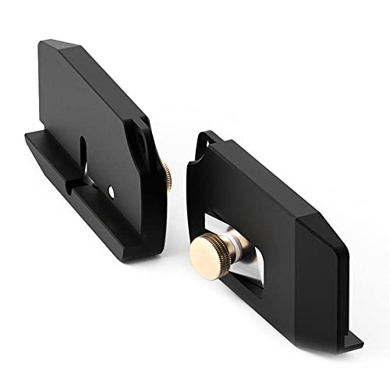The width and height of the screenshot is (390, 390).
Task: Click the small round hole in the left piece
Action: (x=114, y=190)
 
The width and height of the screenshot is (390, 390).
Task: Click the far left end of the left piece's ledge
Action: (x=27, y=138)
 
